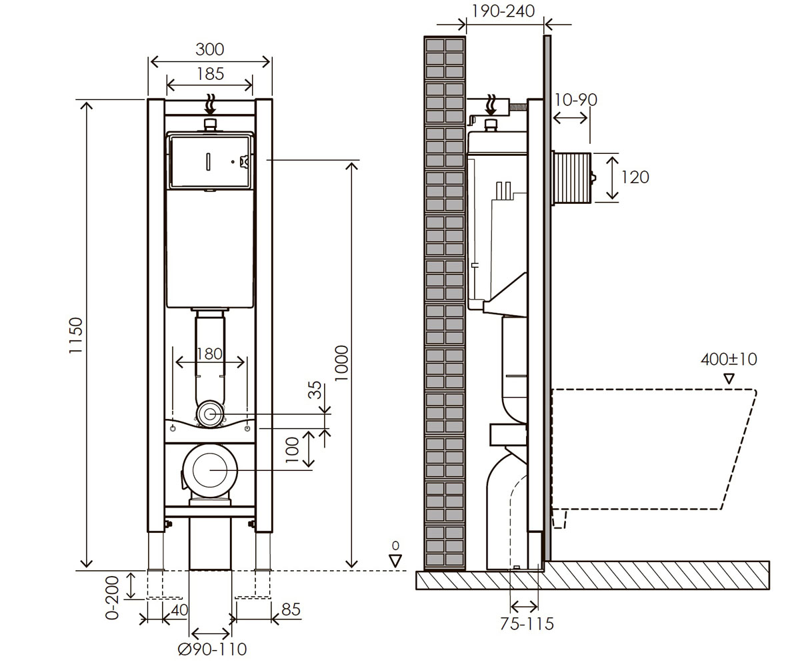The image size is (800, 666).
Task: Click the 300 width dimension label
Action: point(209,49)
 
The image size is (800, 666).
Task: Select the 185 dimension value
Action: point(211,74)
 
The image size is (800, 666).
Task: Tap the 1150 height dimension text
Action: point(76,335)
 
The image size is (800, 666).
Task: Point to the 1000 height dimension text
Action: point(341,363)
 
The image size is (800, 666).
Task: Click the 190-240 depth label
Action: point(503,11)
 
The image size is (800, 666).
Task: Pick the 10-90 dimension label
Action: point(576,100)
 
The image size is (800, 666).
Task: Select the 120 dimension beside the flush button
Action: point(635,177)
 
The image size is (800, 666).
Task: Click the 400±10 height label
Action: point(729,360)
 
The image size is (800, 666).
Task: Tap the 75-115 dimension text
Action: point(527,624)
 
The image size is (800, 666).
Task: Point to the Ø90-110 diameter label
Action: point(212,649)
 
